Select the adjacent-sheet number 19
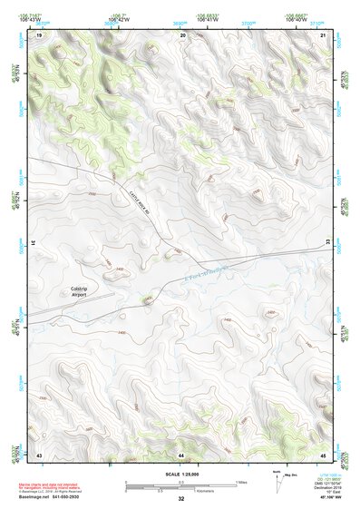point(39,34)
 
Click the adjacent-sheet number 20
point(183,34)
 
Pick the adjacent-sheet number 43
point(39,453)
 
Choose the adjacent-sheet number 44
point(182,453)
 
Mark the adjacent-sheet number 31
point(33,243)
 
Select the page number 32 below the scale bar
point(181,499)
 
